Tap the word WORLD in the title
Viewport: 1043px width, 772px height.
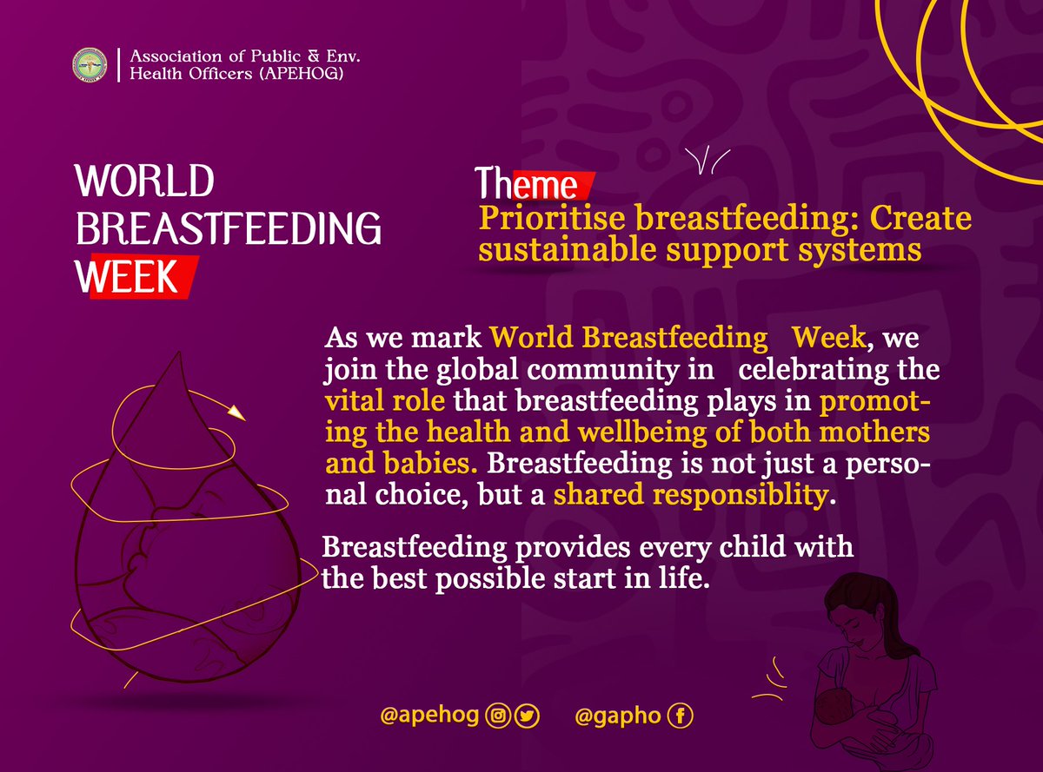click(x=145, y=183)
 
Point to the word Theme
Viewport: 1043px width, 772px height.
click(x=527, y=185)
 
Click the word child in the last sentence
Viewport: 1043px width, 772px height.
click(x=745, y=549)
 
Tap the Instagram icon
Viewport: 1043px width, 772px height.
click(x=498, y=716)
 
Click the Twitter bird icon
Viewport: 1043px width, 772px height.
click(x=527, y=716)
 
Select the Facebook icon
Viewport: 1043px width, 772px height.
click(x=681, y=716)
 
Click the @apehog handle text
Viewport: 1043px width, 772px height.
click(x=430, y=716)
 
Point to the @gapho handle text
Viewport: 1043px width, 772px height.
click(x=618, y=716)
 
